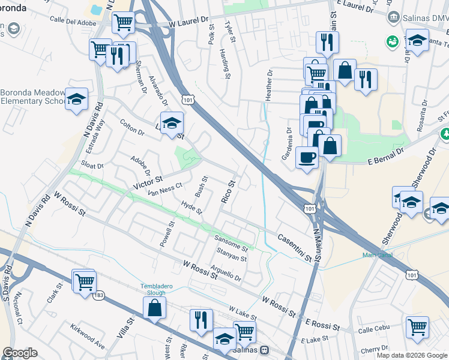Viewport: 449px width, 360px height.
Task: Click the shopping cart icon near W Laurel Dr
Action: coord(123,23)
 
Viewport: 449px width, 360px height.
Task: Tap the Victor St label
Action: coord(148,180)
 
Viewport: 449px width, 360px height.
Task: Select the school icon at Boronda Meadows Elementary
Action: coord(77,100)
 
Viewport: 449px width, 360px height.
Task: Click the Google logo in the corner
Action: coord(19,353)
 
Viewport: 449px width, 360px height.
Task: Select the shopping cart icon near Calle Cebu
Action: coord(417,328)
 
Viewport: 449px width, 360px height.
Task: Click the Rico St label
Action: coord(229,190)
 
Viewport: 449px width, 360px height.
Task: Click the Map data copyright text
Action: coord(412,355)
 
